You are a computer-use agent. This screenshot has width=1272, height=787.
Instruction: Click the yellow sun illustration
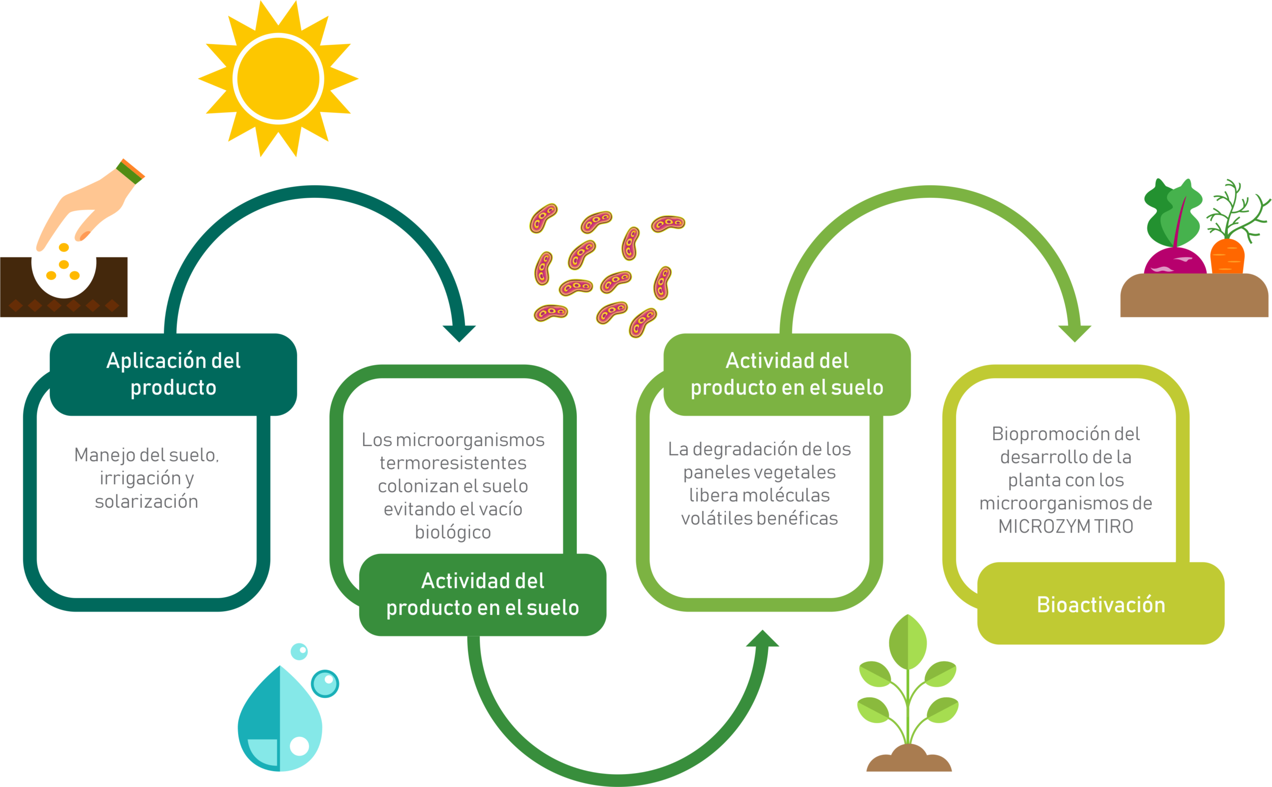coord(278,79)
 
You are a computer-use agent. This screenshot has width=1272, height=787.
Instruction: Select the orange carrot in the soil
coord(1227,256)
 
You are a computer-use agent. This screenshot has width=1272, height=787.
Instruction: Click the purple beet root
coord(1175,262)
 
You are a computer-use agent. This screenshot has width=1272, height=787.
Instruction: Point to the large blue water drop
coord(279,718)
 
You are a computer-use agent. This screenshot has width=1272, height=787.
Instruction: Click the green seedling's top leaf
coord(908,642)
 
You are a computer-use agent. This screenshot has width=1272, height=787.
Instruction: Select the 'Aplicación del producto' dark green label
coord(173,374)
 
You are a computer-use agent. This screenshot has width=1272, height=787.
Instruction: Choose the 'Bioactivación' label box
coord(1101,603)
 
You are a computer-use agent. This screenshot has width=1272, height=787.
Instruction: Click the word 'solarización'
coord(146,501)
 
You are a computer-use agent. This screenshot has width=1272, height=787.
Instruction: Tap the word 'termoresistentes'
coord(453,463)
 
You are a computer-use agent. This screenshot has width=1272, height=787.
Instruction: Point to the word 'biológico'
coord(453,533)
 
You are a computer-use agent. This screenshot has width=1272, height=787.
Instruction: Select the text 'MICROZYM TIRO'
coord(1065,526)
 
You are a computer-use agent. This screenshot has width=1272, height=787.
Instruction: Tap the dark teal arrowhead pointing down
coord(459,333)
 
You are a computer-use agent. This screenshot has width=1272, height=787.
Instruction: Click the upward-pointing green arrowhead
coord(763,638)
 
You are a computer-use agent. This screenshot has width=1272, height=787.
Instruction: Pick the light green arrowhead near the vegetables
coord(1075,333)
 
